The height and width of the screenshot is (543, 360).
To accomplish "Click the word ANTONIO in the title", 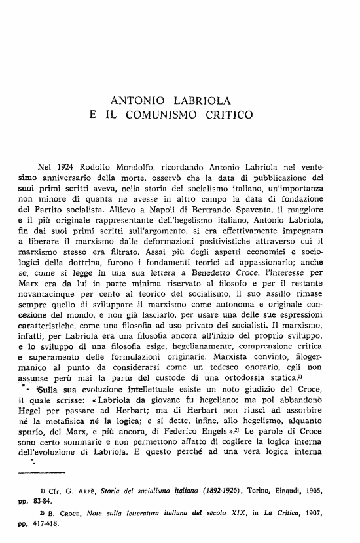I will click(x=135, y=102).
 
